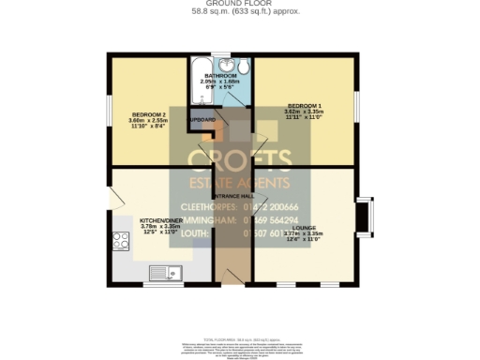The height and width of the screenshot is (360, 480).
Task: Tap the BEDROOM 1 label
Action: click(x=304, y=104)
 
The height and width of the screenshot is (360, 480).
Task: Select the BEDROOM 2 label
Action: click(x=149, y=115)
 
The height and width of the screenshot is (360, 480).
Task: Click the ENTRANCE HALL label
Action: click(x=228, y=195)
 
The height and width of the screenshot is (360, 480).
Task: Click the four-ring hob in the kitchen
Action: click(x=121, y=241)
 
